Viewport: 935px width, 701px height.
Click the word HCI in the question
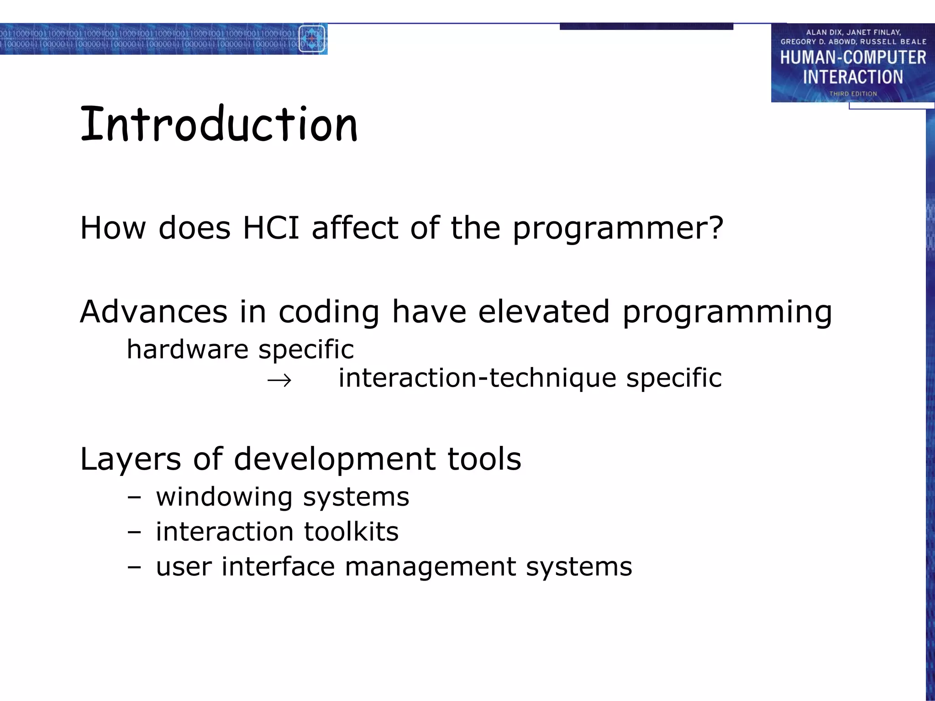point(271,228)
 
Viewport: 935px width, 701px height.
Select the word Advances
point(153,312)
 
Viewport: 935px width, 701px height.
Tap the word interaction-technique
point(477,378)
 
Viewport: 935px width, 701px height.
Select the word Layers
point(131,459)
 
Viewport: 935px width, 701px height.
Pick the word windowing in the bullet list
point(224,497)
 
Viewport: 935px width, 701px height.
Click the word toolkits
point(351,532)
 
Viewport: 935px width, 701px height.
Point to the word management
point(430,567)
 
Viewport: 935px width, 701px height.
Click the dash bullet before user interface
point(134,567)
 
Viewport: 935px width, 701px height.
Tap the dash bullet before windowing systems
point(134,497)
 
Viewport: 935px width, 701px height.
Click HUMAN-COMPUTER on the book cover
point(853,58)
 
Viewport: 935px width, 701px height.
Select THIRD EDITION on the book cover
point(853,94)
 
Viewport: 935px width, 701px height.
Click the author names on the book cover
point(853,37)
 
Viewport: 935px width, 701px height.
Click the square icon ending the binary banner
point(312,39)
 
